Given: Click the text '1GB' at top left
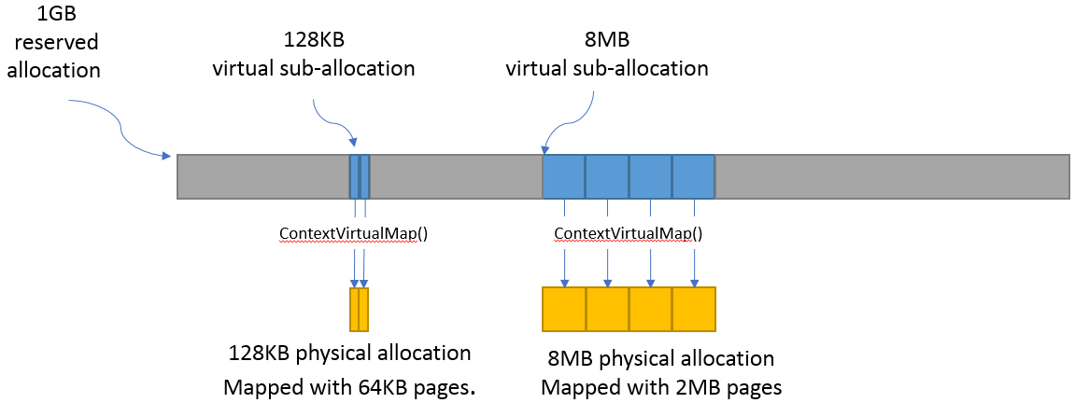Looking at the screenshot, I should tap(53, 16).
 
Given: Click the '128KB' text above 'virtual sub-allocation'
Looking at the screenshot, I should tap(313, 42).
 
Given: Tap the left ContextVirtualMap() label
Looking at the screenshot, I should tap(353, 233).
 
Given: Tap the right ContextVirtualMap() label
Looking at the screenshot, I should tap(628, 233).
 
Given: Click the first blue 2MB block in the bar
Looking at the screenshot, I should tap(564, 176).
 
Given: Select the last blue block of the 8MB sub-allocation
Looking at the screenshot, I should tap(693, 176).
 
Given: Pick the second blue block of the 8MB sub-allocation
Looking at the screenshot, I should tap(607, 176).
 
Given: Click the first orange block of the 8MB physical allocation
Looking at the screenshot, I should tap(564, 309).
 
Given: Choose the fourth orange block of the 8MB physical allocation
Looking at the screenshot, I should tap(693, 309).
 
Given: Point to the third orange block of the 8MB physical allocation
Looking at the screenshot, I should tap(650, 309).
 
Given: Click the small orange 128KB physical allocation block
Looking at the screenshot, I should tap(359, 309).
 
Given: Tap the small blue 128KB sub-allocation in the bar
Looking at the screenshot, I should tap(360, 176).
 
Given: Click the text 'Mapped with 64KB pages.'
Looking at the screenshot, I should tap(349, 386).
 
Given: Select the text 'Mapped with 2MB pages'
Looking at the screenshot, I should tap(660, 386).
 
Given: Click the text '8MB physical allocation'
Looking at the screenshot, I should tap(661, 358).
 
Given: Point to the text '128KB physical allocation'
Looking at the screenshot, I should tap(349, 354).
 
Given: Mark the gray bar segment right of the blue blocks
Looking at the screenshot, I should tap(892, 176).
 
